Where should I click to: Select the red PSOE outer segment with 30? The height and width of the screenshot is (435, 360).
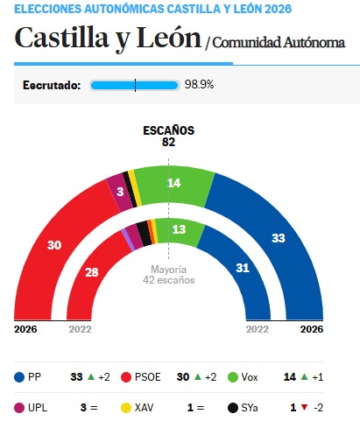(x=54, y=246)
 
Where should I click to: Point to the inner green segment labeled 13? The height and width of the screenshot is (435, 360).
(x=179, y=229)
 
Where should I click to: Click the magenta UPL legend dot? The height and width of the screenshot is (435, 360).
(x=19, y=407)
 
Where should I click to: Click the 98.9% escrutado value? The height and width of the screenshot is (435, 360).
(x=199, y=85)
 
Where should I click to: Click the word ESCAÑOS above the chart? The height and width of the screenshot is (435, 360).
(x=168, y=130)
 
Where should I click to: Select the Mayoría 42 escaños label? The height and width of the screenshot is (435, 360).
(x=168, y=275)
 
